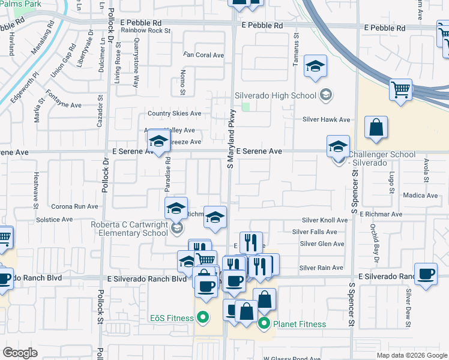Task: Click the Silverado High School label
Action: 275,95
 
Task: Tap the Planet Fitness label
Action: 300,325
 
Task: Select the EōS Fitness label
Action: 171,317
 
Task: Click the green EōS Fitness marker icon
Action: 203,317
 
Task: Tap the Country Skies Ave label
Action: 175,113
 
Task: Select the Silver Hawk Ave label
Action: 326,120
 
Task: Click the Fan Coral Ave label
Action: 203,55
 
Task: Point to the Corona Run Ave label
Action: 74,206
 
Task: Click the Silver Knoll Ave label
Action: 325,221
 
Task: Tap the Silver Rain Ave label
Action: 321,268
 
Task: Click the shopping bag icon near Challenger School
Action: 376,128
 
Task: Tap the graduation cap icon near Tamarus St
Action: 315,67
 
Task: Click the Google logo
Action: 20,353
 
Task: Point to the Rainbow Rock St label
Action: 142,31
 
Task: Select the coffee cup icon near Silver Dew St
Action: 426,274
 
